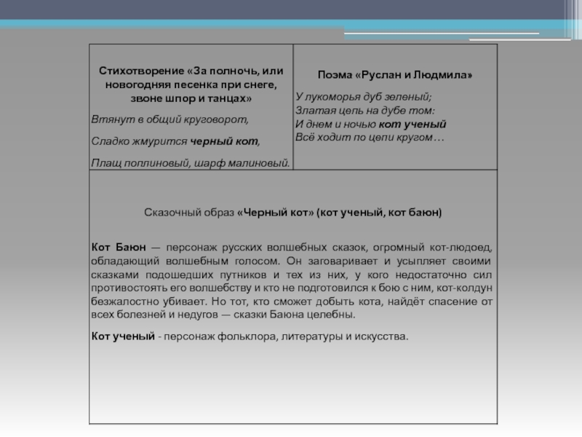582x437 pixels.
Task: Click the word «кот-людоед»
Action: pos(466,248)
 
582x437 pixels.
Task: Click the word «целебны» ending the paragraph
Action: pos(333,315)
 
